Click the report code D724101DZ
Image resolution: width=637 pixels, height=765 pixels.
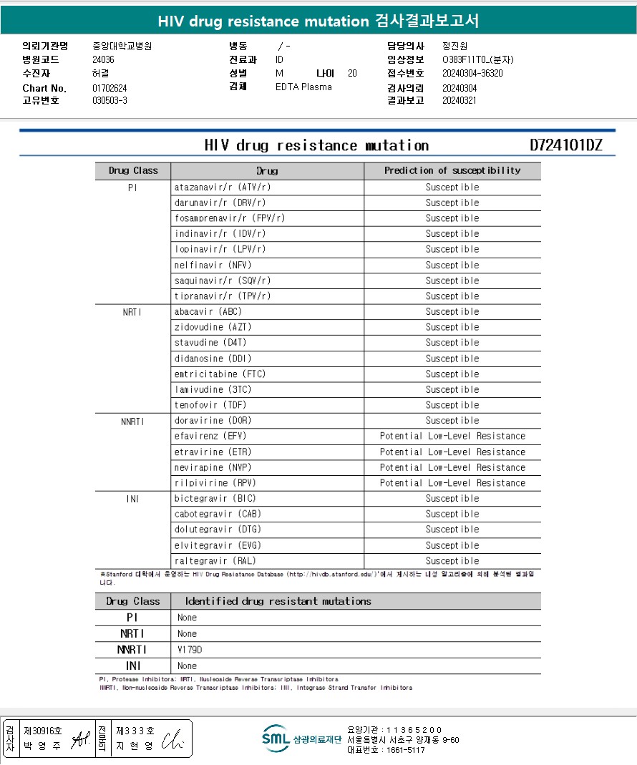pyautogui.click(x=565, y=146)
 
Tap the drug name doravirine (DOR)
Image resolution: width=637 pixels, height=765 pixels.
pyautogui.click(x=213, y=421)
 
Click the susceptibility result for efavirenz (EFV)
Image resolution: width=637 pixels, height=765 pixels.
pyautogui.click(x=452, y=436)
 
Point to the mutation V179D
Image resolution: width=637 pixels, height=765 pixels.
pyautogui.click(x=190, y=650)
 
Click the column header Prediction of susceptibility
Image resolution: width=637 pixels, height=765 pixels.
pyautogui.click(x=452, y=171)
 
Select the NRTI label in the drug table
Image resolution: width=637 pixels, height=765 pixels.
pyautogui.click(x=132, y=312)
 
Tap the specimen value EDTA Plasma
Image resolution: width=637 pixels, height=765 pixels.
pyautogui.click(x=303, y=87)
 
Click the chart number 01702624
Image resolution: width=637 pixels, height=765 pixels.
pyautogui.click(x=110, y=88)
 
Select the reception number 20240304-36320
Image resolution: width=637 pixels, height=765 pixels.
pyautogui.click(x=472, y=73)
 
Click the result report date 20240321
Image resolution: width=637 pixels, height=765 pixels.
pyautogui.click(x=459, y=101)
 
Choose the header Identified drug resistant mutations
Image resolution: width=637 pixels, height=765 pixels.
pyautogui.click(x=278, y=601)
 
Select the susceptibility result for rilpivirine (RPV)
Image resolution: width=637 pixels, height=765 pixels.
pyautogui.click(x=452, y=483)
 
